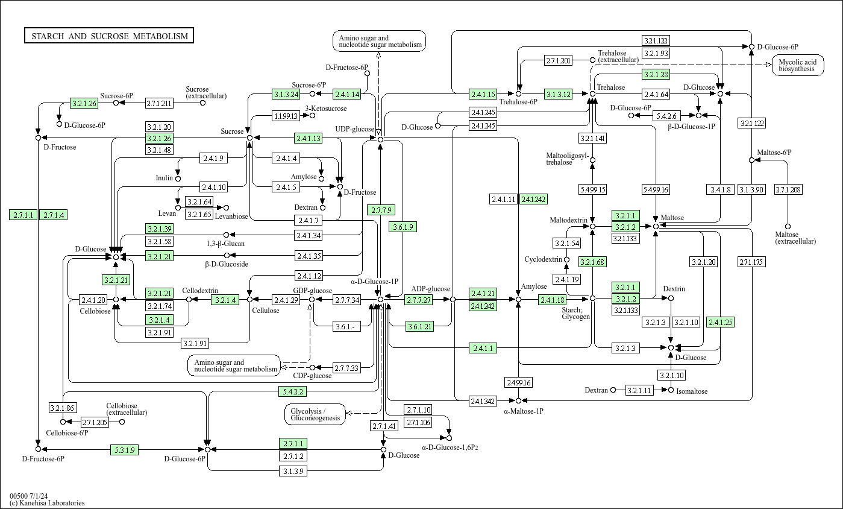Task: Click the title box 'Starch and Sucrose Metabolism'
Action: [x=109, y=36]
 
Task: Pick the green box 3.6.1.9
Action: [x=403, y=227]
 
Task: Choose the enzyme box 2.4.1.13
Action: [x=308, y=138]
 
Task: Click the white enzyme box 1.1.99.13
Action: [x=286, y=116]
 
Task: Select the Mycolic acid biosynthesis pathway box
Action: [x=798, y=66]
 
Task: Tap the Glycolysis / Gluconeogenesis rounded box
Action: [x=315, y=414]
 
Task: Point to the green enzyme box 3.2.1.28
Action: [x=656, y=75]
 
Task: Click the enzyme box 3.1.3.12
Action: [x=558, y=94]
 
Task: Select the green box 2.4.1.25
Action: [x=720, y=322]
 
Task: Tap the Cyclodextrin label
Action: [x=543, y=260]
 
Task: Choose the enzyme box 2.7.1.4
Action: [x=53, y=215]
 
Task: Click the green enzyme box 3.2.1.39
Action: [x=159, y=229]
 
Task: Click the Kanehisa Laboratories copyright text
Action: [x=47, y=503]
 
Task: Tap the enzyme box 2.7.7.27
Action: [x=418, y=300]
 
